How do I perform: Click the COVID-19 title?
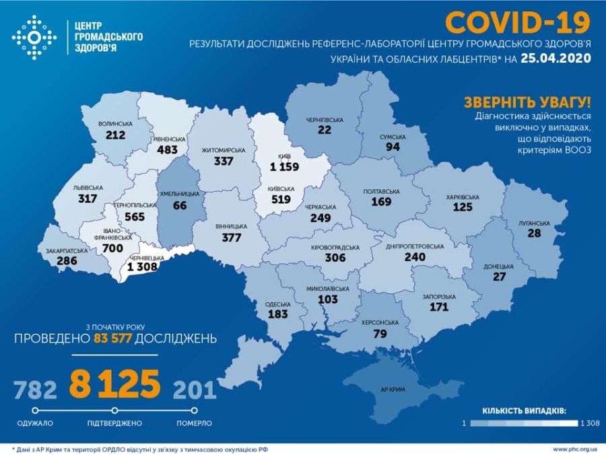(518, 22)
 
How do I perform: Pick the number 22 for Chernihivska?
(325, 130)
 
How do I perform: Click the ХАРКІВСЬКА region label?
(462, 197)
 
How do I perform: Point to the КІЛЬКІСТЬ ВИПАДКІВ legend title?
(524, 410)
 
